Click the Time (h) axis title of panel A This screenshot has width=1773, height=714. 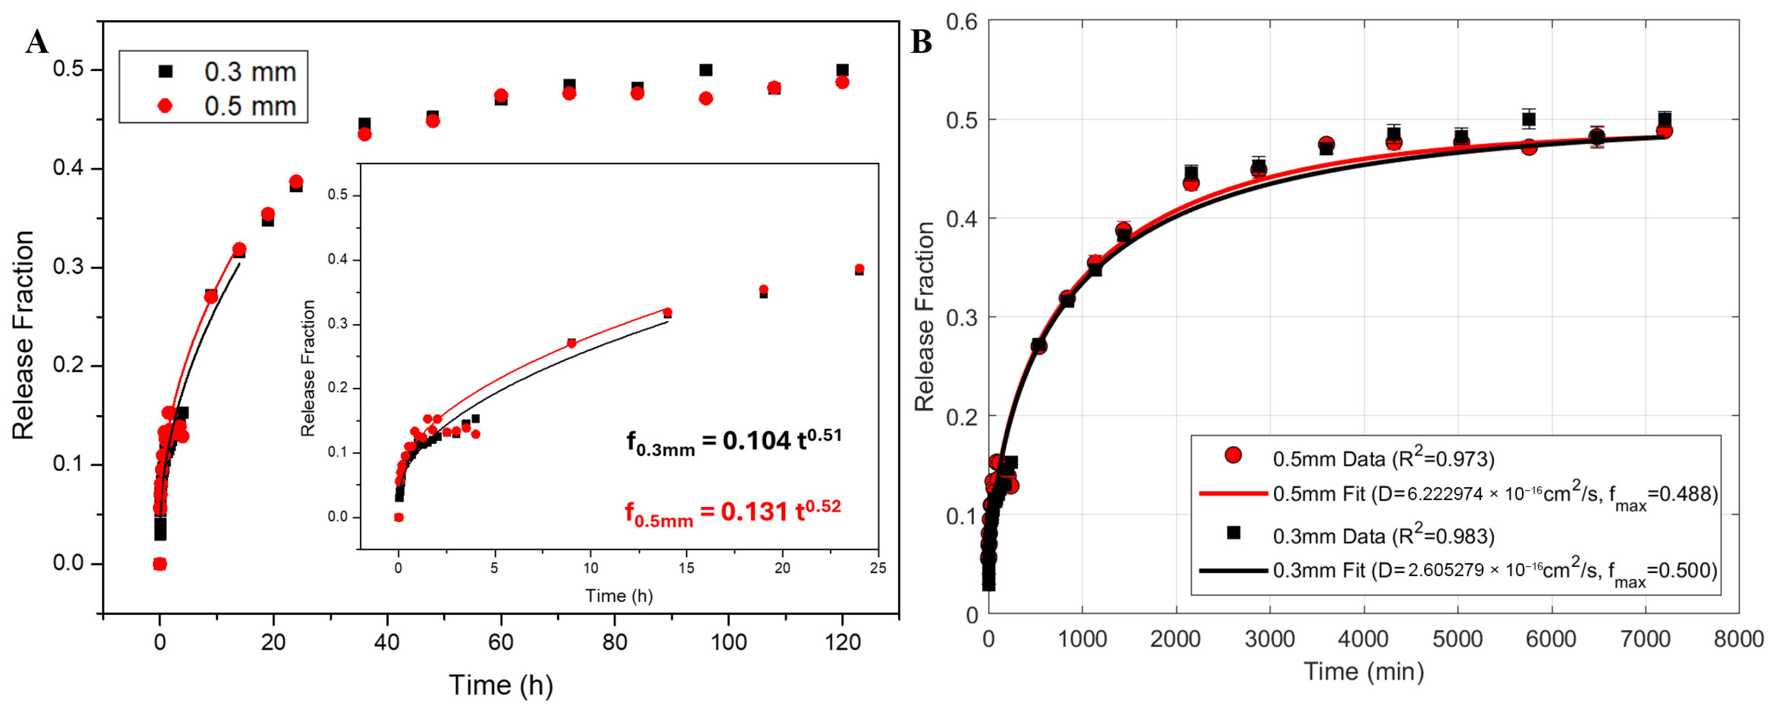(500, 685)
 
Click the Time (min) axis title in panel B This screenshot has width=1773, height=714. (1363, 671)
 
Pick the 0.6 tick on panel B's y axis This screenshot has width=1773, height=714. (961, 22)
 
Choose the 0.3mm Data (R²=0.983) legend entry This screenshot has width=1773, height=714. (1384, 536)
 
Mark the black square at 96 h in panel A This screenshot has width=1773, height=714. (705, 70)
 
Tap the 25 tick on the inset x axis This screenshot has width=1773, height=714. (877, 569)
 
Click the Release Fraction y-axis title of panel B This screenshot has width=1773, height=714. (924, 317)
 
